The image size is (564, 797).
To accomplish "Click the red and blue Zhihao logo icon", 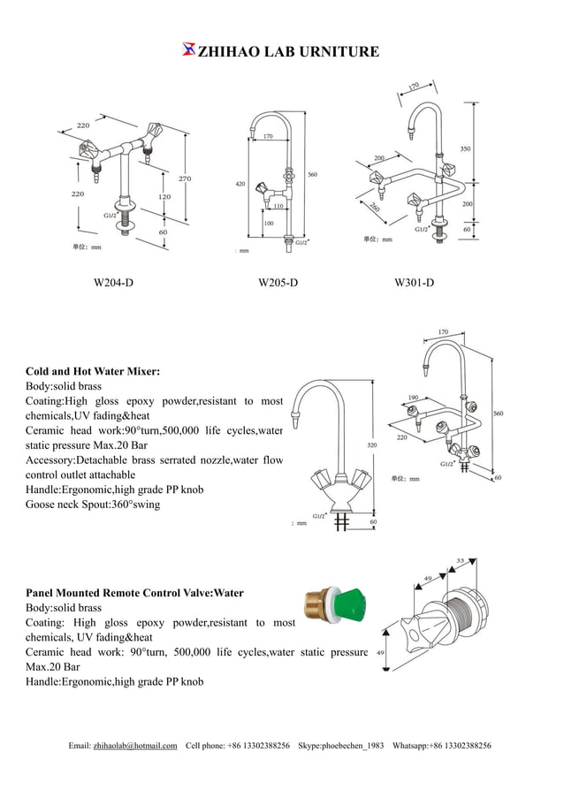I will [187, 49].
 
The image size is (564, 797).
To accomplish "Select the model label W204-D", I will [113, 283].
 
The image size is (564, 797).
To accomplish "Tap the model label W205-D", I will [278, 283].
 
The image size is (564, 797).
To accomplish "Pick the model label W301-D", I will [414, 283].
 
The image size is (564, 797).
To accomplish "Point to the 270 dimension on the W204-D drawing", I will [185, 178].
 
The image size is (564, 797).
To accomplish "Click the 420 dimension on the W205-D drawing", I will [240, 184].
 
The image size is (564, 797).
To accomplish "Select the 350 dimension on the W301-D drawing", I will [465, 148].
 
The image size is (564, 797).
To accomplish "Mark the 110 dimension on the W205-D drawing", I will [278, 206].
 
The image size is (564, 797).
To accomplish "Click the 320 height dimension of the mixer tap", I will [372, 444].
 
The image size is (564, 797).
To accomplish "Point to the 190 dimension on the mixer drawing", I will [413, 398].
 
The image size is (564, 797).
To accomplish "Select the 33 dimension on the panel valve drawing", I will [461, 559].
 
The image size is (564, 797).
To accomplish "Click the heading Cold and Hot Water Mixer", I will [93, 372].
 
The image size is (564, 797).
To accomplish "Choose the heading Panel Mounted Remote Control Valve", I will [134, 593].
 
